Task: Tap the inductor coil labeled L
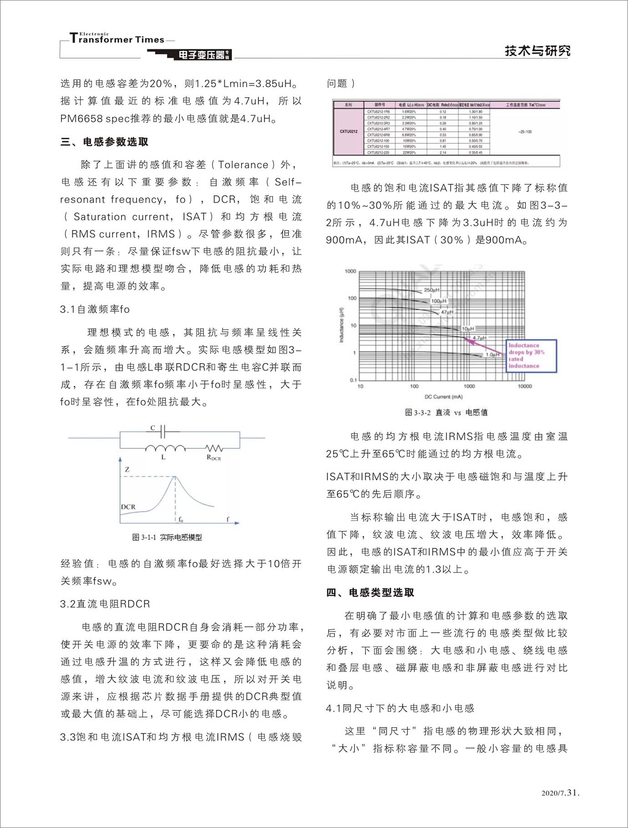pos(165,449)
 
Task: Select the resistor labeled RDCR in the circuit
pos(213,449)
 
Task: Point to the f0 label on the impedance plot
pos(181,519)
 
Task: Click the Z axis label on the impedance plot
pos(127,469)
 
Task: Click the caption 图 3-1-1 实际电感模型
pos(167,537)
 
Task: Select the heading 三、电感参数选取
pos(105,142)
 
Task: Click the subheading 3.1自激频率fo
pos(95,309)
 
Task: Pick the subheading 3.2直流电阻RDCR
pos(105,604)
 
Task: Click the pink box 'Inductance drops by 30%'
pos(531,356)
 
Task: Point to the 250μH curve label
pos(431,290)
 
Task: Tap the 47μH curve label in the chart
pos(447,312)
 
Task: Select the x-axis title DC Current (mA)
pos(443,397)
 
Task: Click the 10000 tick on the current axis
pos(525,386)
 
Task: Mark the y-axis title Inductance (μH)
pos(341,325)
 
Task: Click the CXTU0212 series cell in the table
pos(349,132)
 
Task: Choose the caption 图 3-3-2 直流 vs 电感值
pos(446,412)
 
